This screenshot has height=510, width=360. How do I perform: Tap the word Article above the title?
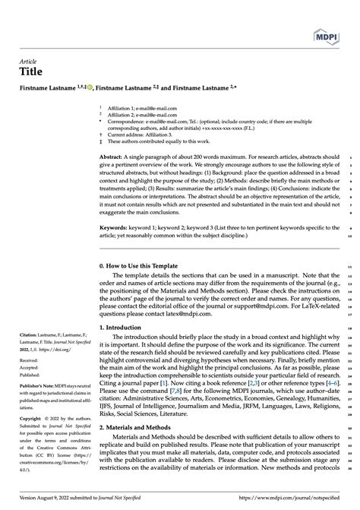[30, 62]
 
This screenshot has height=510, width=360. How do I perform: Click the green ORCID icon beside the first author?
[90, 88]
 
